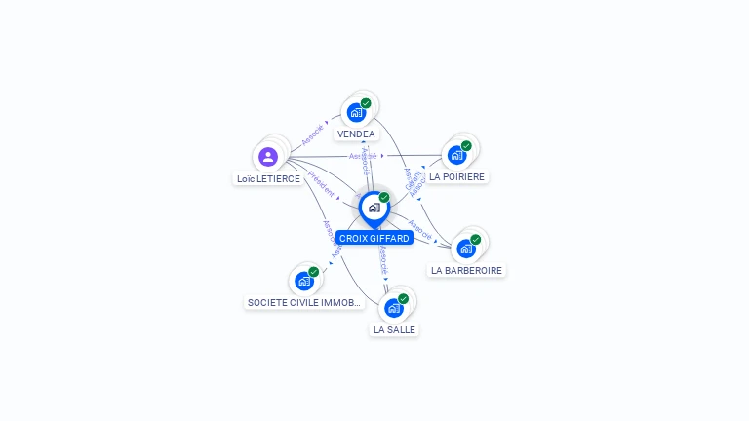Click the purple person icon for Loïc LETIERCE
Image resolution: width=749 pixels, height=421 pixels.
(x=268, y=156)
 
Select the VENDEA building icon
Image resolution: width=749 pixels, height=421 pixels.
(x=356, y=112)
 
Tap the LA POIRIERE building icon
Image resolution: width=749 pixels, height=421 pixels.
(x=456, y=155)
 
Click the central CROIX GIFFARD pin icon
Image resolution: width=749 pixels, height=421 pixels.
(x=374, y=208)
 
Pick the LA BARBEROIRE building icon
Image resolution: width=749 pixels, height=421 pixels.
(x=466, y=249)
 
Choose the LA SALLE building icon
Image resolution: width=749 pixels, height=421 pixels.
(x=393, y=308)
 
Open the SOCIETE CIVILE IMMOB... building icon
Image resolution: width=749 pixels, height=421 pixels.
(x=304, y=281)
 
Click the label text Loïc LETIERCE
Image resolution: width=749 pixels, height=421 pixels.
(x=268, y=179)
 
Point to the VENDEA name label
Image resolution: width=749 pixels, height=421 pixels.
(x=356, y=134)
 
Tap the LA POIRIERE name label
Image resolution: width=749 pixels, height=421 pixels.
(x=456, y=177)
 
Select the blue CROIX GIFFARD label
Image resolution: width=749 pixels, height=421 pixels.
(x=374, y=238)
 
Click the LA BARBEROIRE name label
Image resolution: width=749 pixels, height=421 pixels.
(x=467, y=271)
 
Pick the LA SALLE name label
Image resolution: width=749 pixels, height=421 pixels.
(x=394, y=330)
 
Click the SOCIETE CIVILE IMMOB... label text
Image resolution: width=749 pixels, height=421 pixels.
(x=305, y=303)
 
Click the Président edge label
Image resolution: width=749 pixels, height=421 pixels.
(x=322, y=184)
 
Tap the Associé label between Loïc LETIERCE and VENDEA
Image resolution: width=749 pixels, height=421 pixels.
(x=312, y=134)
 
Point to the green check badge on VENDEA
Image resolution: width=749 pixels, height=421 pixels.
(x=366, y=103)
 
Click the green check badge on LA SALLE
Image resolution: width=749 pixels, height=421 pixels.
(x=403, y=299)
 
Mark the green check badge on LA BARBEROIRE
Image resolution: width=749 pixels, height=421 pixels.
(x=476, y=240)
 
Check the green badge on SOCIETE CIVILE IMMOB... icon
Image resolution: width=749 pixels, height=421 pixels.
(x=314, y=272)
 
